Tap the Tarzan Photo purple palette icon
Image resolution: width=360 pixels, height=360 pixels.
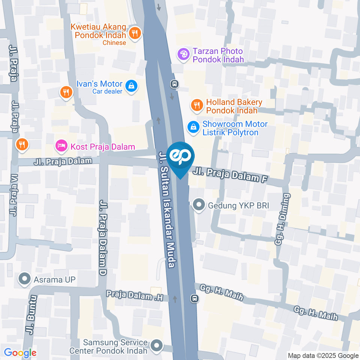point(183,54)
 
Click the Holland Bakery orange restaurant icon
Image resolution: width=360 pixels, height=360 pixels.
point(196,106)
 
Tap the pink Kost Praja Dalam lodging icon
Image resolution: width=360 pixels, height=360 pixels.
point(61,146)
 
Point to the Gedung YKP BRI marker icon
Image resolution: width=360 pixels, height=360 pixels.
point(198,205)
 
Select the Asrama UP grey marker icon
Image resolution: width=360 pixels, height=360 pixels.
point(25,279)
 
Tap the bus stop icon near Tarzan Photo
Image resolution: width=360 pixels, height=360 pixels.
point(174,84)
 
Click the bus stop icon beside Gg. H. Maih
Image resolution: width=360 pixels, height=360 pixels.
point(194,298)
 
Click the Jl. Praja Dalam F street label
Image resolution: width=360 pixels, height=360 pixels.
point(231,175)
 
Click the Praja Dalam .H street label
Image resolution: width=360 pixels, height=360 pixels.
point(135,296)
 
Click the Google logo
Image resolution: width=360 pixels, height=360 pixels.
point(20,352)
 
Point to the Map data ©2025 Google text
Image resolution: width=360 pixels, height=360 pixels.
point(323,355)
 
